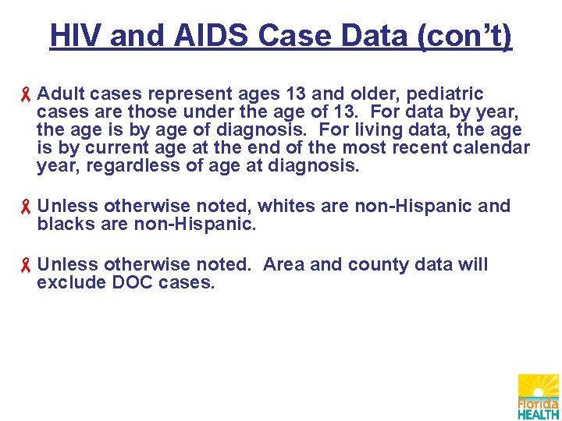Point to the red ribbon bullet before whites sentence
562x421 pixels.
click(26, 207)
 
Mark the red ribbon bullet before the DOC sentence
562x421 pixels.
click(26, 266)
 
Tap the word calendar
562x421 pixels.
click(489, 148)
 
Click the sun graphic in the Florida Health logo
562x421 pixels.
click(539, 387)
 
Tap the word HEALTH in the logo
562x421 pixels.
click(539, 414)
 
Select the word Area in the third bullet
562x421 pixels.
click(285, 265)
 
